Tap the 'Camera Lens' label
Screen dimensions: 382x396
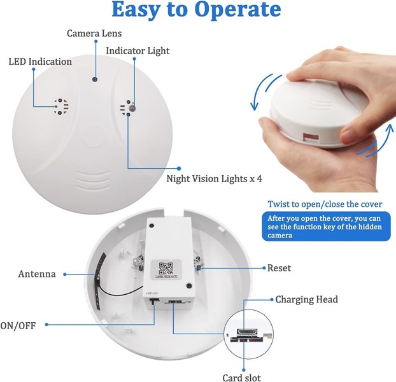94,32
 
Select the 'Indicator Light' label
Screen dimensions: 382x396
138,50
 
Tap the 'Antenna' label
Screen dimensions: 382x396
37,274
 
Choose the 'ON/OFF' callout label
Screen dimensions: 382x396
18,325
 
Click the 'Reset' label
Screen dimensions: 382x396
279,268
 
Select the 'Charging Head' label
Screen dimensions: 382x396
306,299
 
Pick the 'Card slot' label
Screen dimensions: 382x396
242,378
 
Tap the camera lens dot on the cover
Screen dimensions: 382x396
94,80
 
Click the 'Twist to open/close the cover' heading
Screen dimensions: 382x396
324,204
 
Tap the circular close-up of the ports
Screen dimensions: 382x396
251,336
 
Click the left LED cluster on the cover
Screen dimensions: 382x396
60,106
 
